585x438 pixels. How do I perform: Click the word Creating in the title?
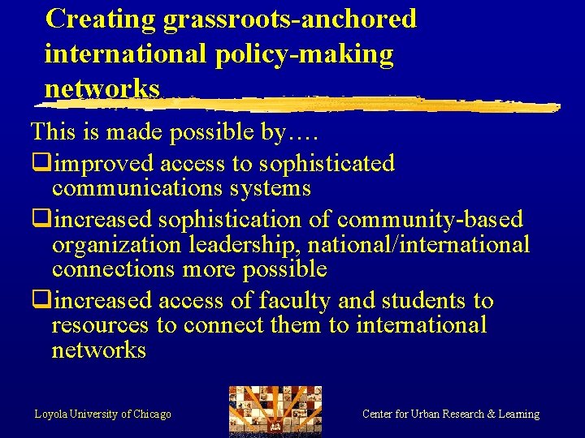point(102,19)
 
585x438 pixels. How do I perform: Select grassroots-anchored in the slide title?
point(290,19)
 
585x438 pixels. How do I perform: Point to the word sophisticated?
point(327,164)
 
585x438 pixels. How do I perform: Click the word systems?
point(273,188)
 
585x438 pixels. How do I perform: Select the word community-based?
point(431,220)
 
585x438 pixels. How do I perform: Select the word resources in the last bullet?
point(100,325)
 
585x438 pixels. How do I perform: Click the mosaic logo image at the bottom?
point(275,410)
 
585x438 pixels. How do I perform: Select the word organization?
point(116,244)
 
